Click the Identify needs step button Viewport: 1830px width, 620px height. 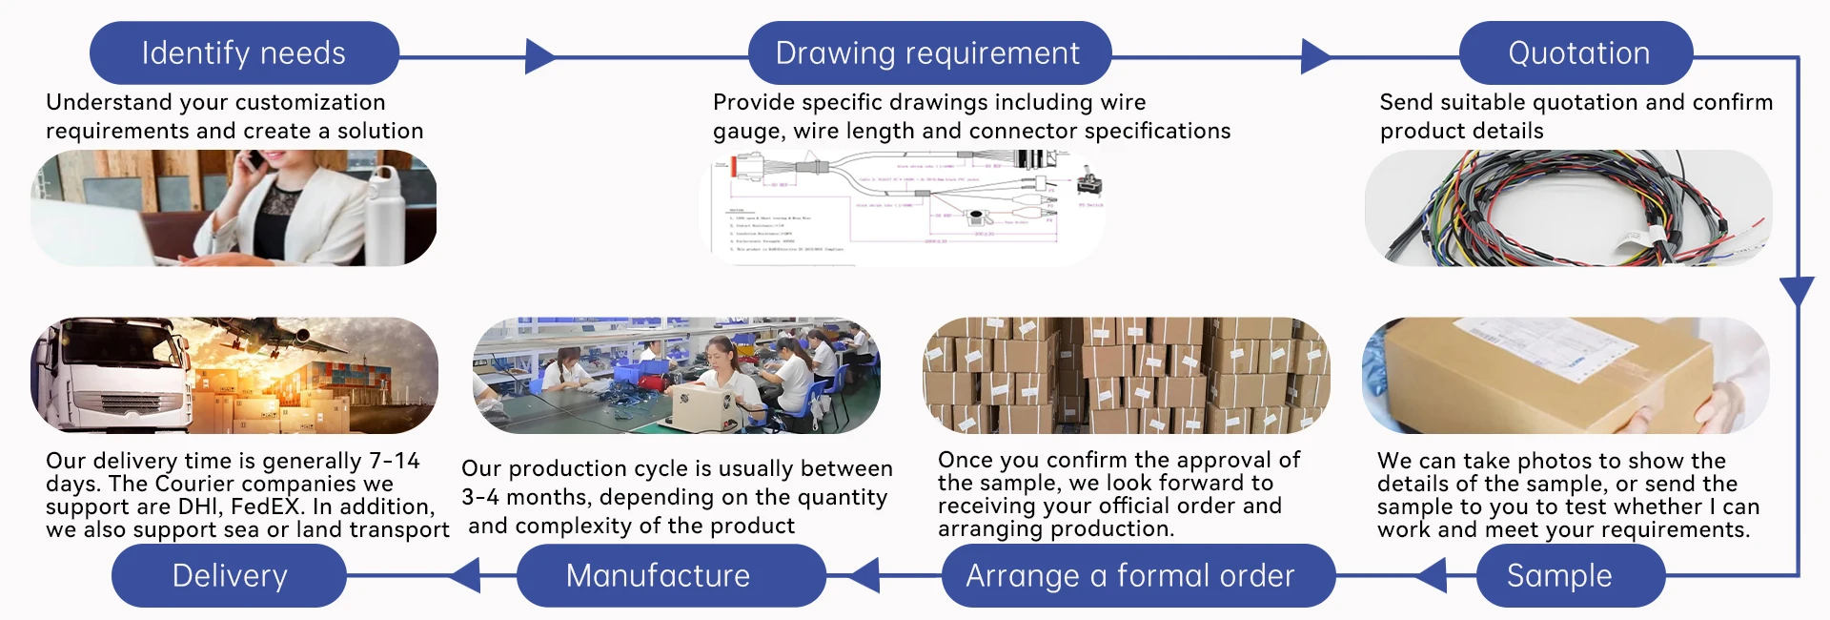tap(244, 53)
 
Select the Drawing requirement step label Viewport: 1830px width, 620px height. tap(928, 53)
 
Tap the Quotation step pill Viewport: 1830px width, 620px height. tap(1577, 53)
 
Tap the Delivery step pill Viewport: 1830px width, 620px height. tap(229, 575)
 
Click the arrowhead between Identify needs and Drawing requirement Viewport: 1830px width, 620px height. tap(539, 57)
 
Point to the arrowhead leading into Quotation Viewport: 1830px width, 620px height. tap(1315, 57)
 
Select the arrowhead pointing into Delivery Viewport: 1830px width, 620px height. tap(466, 575)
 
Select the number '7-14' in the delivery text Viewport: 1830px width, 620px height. tap(394, 461)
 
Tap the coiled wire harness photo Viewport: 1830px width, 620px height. tap(1568, 207)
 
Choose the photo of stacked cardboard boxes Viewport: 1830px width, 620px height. tap(1126, 375)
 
